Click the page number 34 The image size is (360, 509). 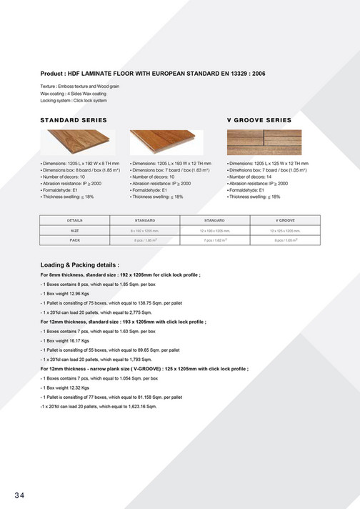tap(19, 494)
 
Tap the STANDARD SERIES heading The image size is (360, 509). tap(74, 119)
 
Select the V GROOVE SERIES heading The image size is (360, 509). tap(259, 119)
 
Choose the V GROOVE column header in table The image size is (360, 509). tap(285, 221)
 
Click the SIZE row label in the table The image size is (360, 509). tap(75, 231)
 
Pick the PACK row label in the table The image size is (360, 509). tap(75, 241)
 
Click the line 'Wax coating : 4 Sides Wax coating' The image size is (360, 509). tap(74, 94)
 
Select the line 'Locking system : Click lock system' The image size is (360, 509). tap(74, 101)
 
